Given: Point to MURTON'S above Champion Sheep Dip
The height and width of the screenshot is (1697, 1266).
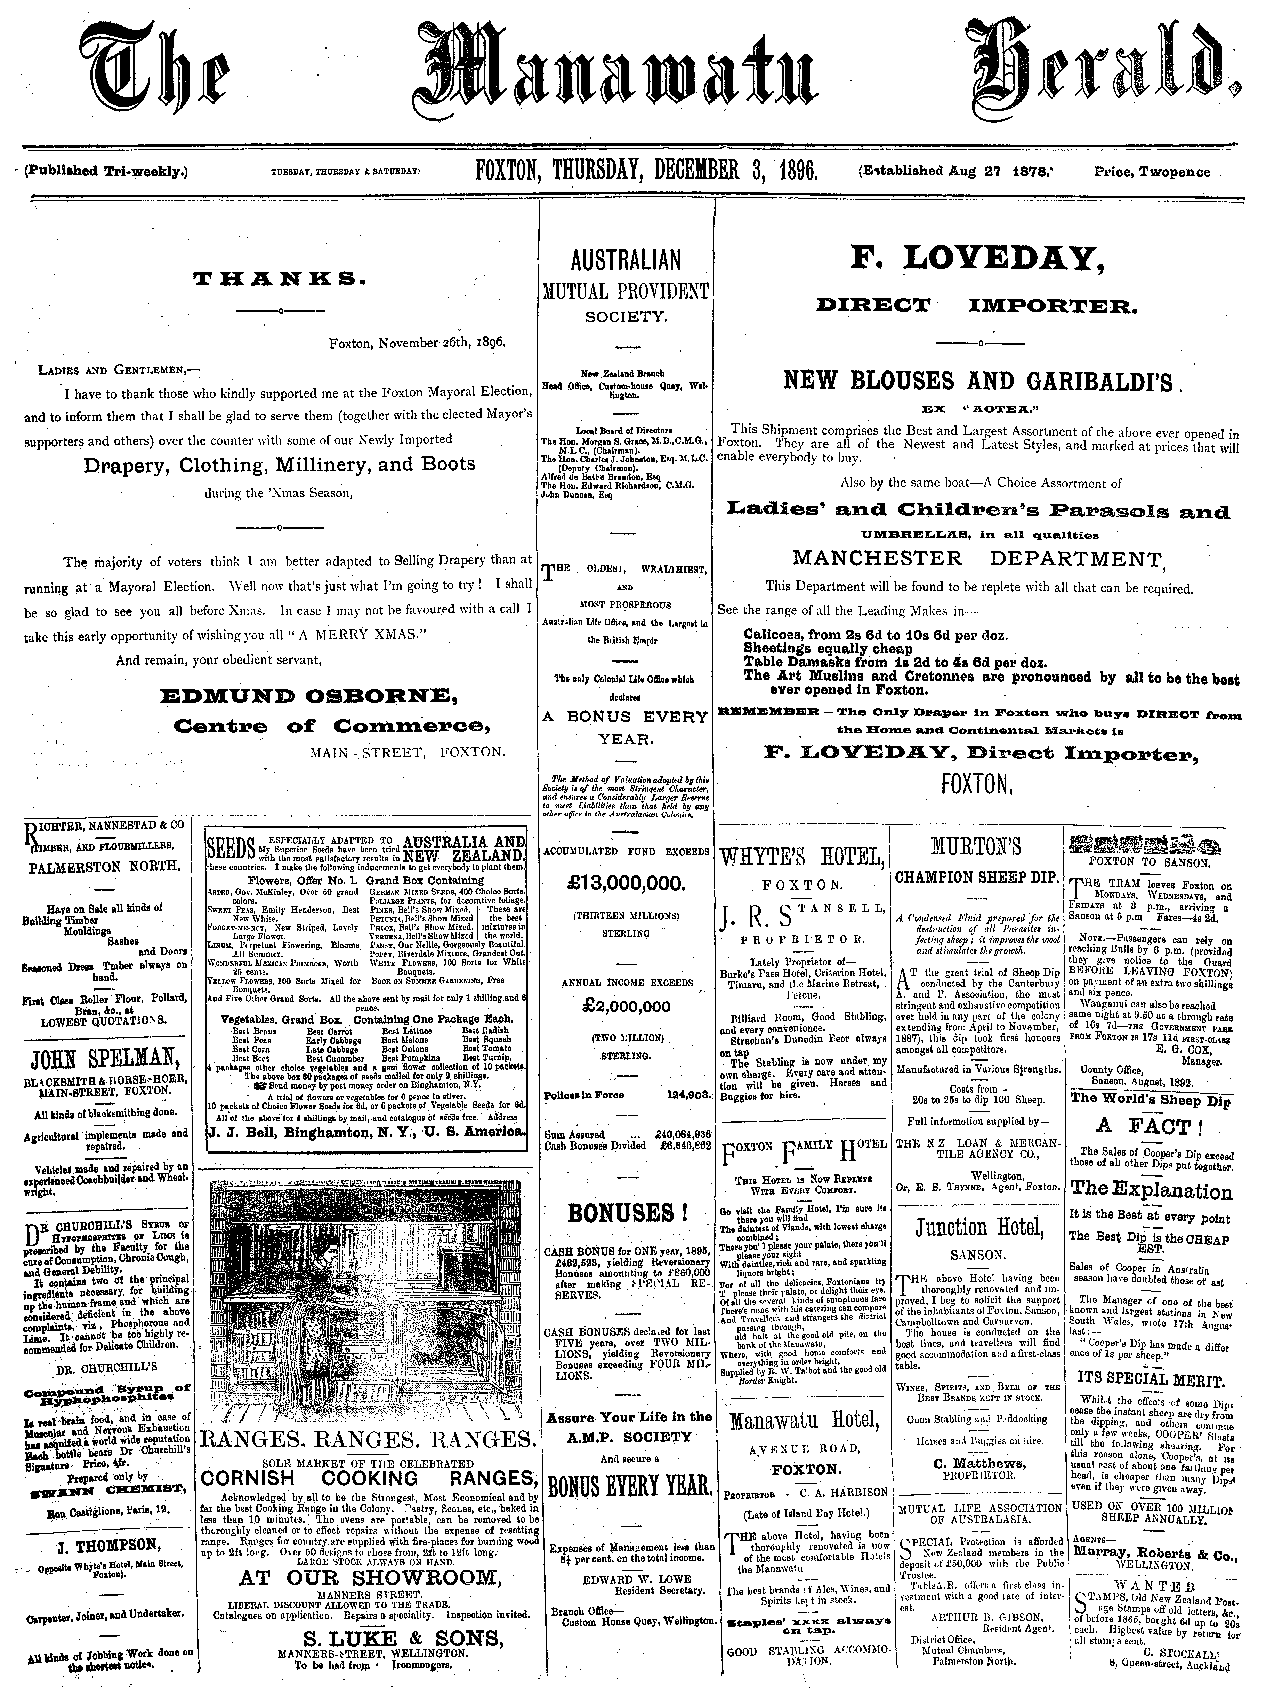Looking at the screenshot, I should pyautogui.click(x=976, y=847).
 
